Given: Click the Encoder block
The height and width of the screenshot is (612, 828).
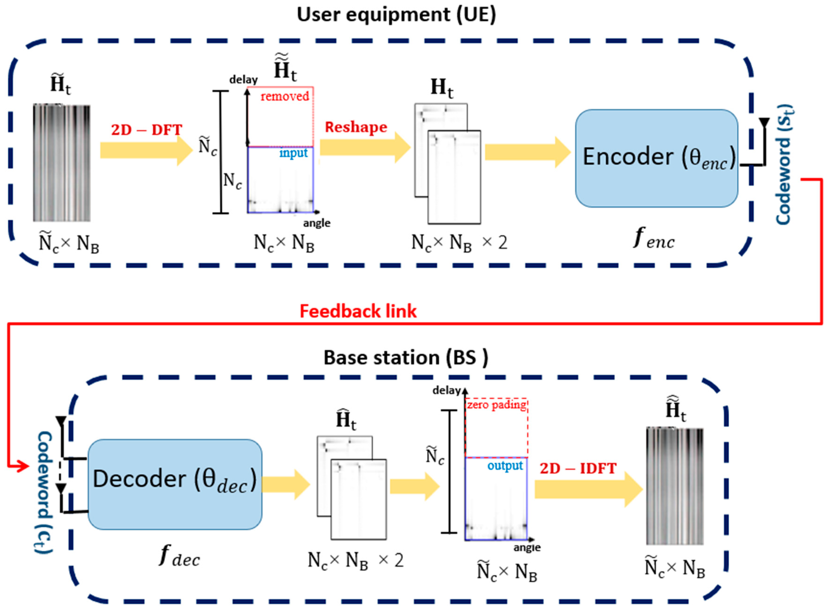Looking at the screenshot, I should pos(656,158).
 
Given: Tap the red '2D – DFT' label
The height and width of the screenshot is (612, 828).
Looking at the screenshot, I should pos(147,130).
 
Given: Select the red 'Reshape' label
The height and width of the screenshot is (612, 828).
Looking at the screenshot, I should pos(356,127).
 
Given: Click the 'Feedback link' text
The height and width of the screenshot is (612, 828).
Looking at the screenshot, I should pos(358,311).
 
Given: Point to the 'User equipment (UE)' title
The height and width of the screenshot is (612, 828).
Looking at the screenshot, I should pos(396,15).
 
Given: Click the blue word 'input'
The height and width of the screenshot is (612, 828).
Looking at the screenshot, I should pos(293,153).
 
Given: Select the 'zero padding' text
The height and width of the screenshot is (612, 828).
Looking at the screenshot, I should pos(496,405).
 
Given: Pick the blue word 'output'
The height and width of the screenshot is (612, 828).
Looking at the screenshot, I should pos(505,466).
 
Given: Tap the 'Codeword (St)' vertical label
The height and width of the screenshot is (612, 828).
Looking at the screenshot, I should pos(783,165).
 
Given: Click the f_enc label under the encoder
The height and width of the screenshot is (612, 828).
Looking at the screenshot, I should pos(654,239).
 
